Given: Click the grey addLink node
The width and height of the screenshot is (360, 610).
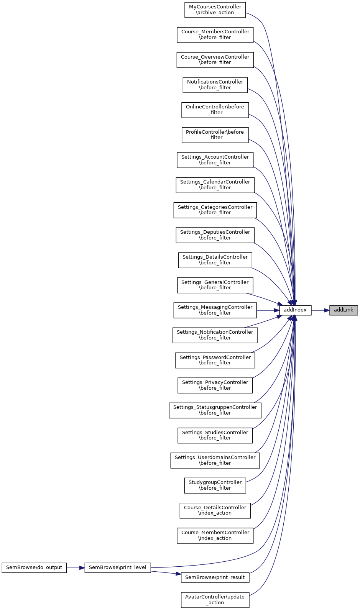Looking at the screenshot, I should [x=344, y=310].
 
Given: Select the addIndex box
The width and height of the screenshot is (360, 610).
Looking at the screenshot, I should [x=295, y=310].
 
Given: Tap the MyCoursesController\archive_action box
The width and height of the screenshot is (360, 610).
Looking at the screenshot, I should [x=215, y=10].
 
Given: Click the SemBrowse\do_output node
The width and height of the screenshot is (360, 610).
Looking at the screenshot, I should [x=34, y=567].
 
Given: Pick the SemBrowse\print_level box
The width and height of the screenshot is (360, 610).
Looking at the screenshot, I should [x=118, y=567].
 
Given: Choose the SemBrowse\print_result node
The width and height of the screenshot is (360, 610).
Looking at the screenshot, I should [x=215, y=577].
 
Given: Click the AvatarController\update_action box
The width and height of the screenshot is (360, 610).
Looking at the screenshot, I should [x=215, y=600].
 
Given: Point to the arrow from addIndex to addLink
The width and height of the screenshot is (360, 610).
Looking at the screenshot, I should [x=321, y=310].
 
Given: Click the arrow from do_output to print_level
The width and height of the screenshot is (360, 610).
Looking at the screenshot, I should [x=76, y=567].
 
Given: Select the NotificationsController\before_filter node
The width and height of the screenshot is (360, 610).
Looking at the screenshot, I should [x=215, y=85].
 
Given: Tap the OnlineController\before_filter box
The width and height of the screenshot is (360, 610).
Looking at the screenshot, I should [x=215, y=110].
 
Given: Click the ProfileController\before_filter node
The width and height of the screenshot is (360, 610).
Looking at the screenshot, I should [x=215, y=135].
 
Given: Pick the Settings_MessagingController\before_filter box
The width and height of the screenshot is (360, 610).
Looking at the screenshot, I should [x=215, y=310].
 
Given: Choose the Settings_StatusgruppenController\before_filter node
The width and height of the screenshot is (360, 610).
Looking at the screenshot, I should [x=215, y=410].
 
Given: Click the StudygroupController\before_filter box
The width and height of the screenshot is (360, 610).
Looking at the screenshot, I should [x=215, y=485].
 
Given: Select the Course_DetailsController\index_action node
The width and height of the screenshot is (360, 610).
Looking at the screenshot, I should [x=215, y=510].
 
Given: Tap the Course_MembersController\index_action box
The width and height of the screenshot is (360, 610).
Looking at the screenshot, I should [x=215, y=535].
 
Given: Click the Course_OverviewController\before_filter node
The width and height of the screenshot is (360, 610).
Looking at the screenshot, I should [x=215, y=60].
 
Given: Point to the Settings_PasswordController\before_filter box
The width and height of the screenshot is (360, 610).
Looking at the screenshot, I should [x=215, y=360].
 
